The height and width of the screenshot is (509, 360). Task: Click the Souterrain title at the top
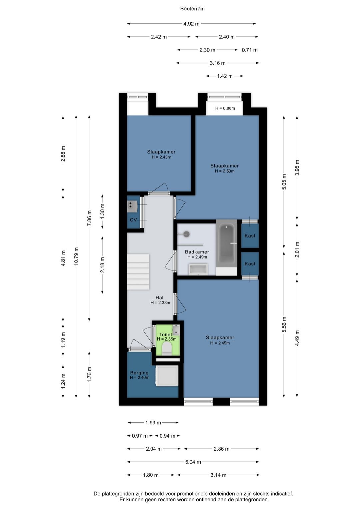192,9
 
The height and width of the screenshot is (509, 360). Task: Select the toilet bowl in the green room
167,349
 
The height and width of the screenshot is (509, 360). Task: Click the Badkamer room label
197,252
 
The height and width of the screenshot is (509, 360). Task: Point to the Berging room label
139,373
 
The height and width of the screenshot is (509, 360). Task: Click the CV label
133,220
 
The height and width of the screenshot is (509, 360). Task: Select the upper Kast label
250,236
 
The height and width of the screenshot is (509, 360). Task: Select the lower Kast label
250,264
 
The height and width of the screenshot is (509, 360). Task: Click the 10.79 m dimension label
76,256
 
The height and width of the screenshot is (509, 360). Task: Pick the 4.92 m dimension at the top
191,24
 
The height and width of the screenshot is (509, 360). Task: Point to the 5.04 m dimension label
193,462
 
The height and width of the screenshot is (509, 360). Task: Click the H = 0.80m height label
225,108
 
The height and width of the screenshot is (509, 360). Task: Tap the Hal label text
159,298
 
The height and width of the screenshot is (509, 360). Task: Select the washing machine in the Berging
167,376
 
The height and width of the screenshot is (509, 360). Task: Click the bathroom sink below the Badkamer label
198,270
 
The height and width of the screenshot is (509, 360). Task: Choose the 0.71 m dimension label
250,50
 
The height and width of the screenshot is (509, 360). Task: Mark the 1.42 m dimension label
225,76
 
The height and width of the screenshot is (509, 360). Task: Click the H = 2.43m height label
161,157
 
